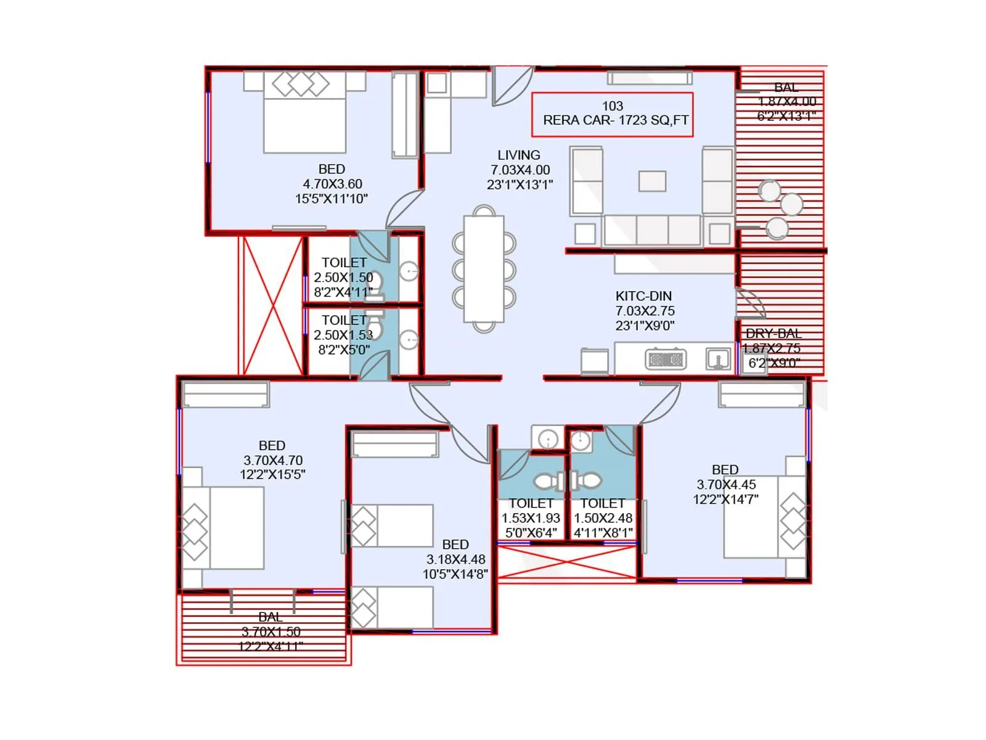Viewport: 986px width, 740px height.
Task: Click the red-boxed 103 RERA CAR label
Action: pos(612,114)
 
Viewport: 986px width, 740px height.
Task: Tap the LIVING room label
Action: pos(519,155)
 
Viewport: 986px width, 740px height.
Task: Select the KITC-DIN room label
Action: pos(643,296)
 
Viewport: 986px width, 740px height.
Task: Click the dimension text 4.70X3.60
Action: pos(332,184)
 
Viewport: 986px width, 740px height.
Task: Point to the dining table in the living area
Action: pos(484,269)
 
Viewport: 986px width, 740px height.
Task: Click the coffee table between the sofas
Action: pos(652,181)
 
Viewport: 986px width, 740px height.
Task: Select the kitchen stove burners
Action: pos(666,359)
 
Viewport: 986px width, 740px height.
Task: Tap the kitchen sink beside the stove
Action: pos(718,358)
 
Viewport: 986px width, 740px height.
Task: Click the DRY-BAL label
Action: pos(773,334)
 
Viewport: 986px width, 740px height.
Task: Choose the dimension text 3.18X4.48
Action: pos(455,559)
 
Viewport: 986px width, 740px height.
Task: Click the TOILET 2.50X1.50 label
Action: pos(343,270)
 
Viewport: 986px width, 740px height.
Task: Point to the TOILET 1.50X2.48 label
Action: pos(603,518)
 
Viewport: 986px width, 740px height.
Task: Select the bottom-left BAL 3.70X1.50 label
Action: pos(271,631)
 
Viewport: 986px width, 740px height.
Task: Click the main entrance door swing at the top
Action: pos(511,86)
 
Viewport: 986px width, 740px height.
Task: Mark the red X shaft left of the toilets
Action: pos(272,305)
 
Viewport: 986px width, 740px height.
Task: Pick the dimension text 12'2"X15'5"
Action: pos(272,475)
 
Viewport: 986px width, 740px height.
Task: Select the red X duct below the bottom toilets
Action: pos(566,562)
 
